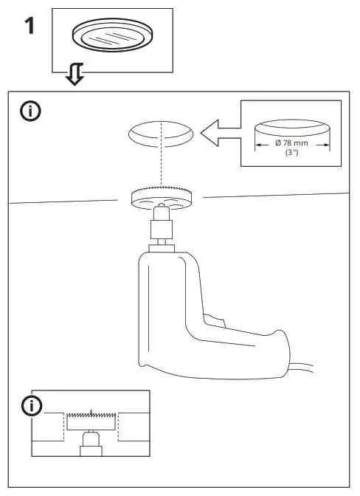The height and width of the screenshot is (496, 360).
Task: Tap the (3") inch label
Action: (293, 153)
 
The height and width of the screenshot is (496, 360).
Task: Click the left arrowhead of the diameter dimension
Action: (259, 145)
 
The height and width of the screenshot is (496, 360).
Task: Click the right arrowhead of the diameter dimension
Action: (327, 145)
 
